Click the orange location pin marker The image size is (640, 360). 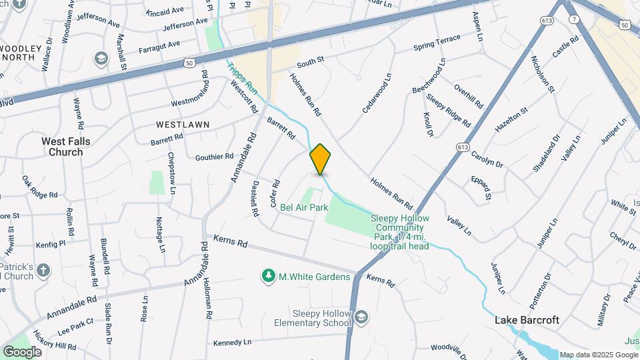320,159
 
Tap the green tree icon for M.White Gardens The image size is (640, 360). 269,275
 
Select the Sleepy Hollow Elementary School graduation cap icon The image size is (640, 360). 361,316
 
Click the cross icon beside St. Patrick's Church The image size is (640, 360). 43,270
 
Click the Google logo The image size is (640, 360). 22,351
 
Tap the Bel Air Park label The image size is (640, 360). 304,207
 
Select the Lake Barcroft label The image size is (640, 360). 527,320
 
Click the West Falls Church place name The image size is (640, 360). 66,147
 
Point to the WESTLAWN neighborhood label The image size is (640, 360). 183,125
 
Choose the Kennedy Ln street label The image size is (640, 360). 232,343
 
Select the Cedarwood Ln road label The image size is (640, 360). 377,97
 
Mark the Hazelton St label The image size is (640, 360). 511,119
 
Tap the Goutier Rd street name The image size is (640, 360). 214,157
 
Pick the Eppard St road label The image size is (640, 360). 480,188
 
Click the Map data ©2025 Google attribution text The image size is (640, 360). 599,355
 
